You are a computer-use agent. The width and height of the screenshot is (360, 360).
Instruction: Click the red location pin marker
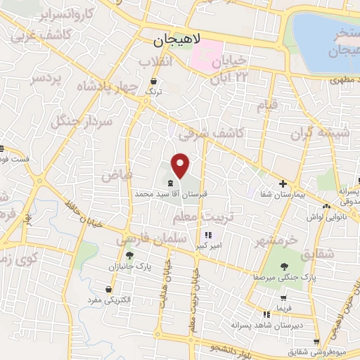click(x=181, y=165)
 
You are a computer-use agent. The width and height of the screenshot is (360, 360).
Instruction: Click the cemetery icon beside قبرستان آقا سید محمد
click(x=172, y=181)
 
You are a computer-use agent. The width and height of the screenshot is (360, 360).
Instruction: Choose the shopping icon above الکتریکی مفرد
click(x=108, y=289)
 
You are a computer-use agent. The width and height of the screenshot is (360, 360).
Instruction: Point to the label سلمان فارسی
click(x=154, y=239)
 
